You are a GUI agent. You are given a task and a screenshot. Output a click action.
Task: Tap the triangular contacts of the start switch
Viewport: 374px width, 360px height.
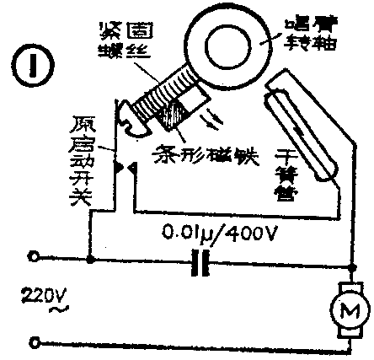pyautogui.click(x=125, y=168)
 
